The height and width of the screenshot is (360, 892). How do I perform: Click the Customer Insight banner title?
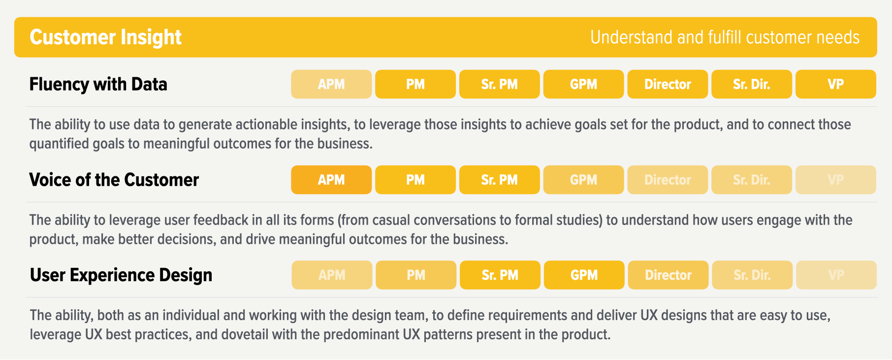pyautogui.click(x=105, y=37)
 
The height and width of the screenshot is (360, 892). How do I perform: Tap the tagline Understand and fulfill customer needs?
pyautogui.click(x=725, y=37)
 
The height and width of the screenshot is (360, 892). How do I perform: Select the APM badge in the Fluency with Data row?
pyautogui.click(x=331, y=84)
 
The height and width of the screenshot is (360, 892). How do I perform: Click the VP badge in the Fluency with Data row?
pyautogui.click(x=835, y=84)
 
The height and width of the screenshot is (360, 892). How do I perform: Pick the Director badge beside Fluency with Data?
pyautogui.click(x=668, y=84)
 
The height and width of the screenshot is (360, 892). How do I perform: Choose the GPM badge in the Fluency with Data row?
pyautogui.click(x=583, y=84)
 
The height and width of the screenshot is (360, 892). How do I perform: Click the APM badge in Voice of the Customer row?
pyautogui.click(x=331, y=180)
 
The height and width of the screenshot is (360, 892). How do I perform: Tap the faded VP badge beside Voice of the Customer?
pyautogui.click(x=835, y=180)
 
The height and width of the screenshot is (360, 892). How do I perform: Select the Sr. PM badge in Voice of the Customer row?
pyautogui.click(x=499, y=180)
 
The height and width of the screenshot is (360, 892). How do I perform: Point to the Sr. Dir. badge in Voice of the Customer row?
pyautogui.click(x=751, y=180)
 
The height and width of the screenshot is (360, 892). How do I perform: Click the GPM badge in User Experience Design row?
pyautogui.click(x=584, y=275)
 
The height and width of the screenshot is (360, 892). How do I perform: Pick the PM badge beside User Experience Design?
pyautogui.click(x=416, y=275)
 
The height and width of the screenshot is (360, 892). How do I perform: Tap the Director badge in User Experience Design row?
pyautogui.click(x=668, y=275)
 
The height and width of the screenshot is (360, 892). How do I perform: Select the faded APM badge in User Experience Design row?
pyautogui.click(x=332, y=275)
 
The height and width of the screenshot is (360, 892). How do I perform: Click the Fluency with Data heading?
pyautogui.click(x=98, y=84)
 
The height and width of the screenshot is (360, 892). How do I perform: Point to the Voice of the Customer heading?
pyautogui.click(x=114, y=180)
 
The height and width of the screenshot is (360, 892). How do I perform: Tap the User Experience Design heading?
pyautogui.click(x=121, y=275)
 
